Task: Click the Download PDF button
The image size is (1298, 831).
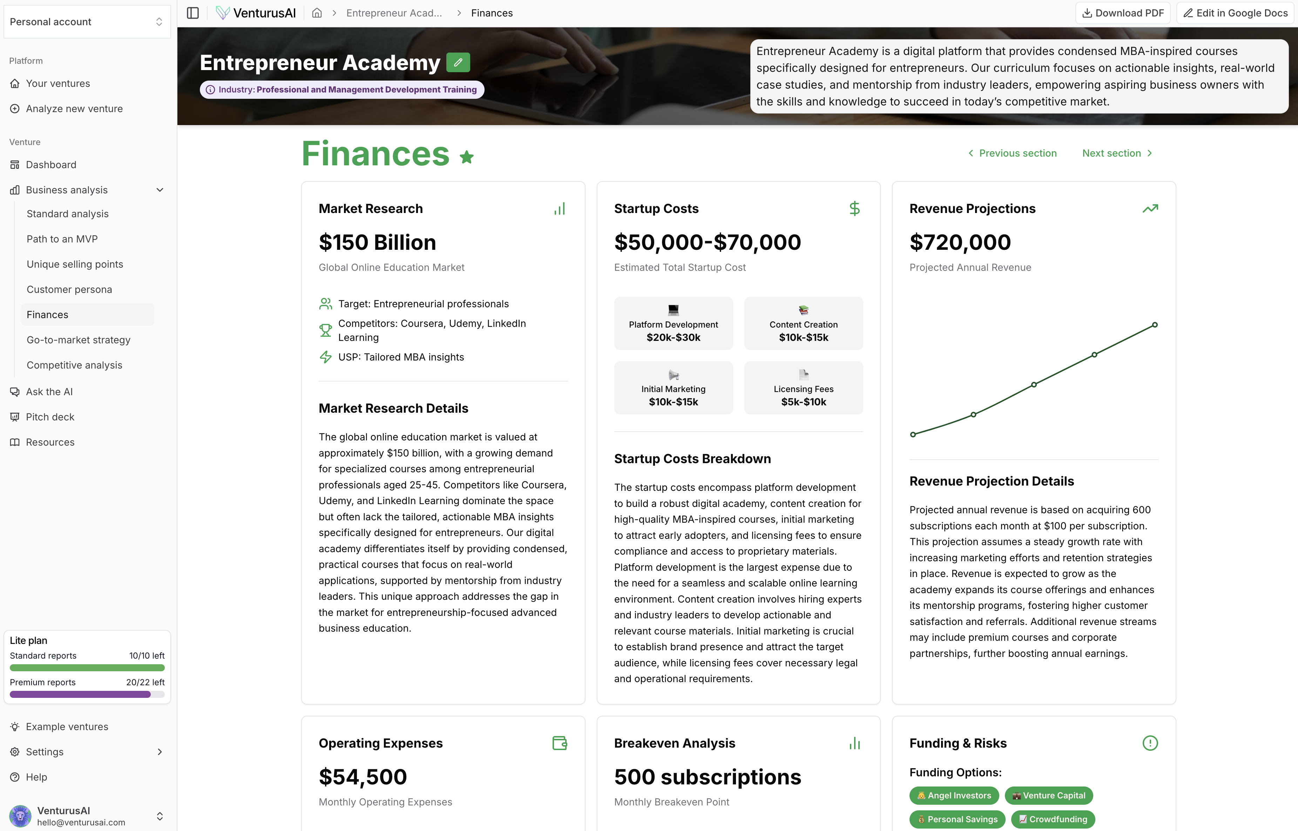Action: pos(1123,13)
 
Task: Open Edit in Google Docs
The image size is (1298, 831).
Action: pos(1235,13)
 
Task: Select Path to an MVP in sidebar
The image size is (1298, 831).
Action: pos(62,239)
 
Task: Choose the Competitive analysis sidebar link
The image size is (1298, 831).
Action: pos(75,365)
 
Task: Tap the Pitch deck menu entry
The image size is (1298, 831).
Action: pos(50,417)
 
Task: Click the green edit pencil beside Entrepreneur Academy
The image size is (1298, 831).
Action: pos(458,63)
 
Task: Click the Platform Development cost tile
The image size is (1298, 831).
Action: pos(673,324)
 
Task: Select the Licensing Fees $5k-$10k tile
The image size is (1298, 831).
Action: pos(803,388)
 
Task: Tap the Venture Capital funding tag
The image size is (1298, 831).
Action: pos(1049,795)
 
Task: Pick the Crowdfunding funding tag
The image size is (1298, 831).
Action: pos(1053,819)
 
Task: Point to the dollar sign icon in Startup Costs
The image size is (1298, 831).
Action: pos(854,209)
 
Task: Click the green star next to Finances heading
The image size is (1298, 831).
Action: pos(467,157)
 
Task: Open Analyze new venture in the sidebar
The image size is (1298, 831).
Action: pos(74,109)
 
